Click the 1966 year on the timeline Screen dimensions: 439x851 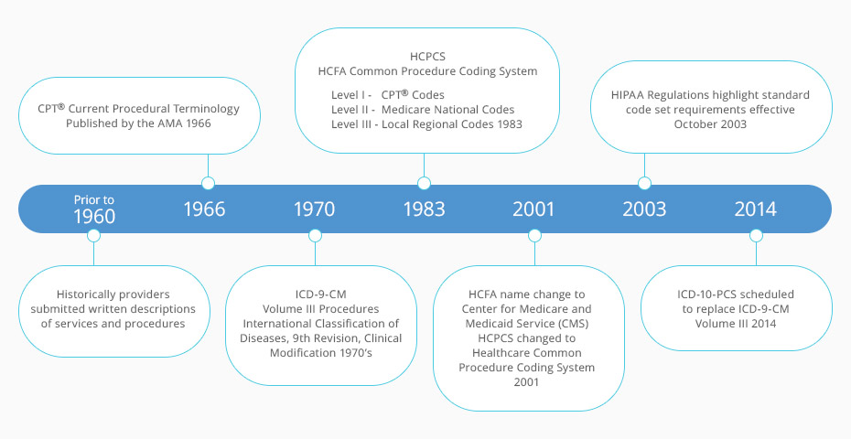tap(204, 209)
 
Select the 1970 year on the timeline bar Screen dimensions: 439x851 tap(314, 209)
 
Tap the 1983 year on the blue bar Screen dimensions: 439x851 tap(424, 209)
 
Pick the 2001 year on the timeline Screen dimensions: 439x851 tap(533, 209)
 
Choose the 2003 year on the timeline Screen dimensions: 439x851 tap(644, 209)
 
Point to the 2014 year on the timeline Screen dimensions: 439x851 tap(755, 209)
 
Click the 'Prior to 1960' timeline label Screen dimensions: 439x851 tap(94, 209)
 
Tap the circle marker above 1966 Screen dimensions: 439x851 tap(208, 183)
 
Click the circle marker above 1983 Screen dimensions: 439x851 tap(424, 183)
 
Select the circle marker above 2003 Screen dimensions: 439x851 tap(644, 183)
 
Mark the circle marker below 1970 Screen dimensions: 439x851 tap(316, 235)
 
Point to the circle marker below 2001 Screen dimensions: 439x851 tap(535, 235)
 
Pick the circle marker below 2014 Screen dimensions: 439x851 tap(756, 235)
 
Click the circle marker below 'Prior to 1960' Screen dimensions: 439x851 tap(93, 235)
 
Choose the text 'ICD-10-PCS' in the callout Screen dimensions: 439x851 tap(709, 294)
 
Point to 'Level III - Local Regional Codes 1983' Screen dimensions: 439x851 tap(426, 123)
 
